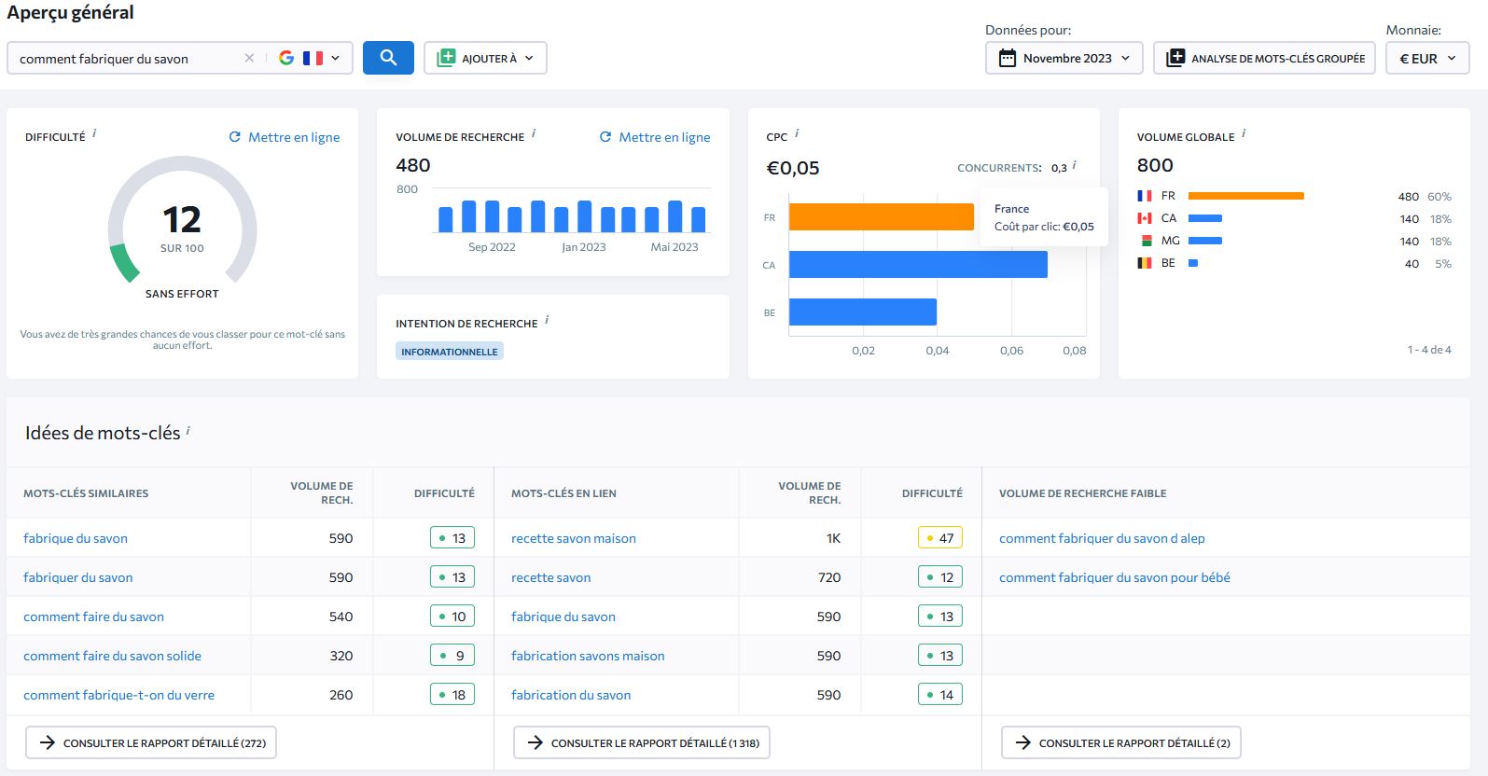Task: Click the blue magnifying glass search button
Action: (x=388, y=58)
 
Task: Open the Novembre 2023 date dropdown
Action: (x=1064, y=58)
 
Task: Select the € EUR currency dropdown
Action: (x=1426, y=58)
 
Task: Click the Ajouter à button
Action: (x=485, y=58)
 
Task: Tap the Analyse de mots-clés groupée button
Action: (x=1264, y=58)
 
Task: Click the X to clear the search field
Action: (x=249, y=58)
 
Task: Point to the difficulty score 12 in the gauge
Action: (x=182, y=220)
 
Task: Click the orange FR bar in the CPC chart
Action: (x=881, y=217)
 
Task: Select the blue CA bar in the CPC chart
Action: (x=918, y=265)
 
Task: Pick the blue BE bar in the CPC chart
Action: (x=862, y=312)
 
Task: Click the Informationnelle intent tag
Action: (x=449, y=352)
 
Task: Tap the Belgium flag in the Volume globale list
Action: (x=1144, y=263)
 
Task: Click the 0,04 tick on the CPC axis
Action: (x=937, y=351)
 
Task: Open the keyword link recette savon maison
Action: (x=573, y=538)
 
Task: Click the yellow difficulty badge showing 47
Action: (x=939, y=538)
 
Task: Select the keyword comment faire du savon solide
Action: (x=112, y=656)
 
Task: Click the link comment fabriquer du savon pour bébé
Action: (x=1114, y=577)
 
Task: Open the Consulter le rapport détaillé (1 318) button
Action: (x=642, y=742)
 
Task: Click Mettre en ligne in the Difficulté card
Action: (x=285, y=137)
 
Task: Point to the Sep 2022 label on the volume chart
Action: (x=492, y=247)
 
